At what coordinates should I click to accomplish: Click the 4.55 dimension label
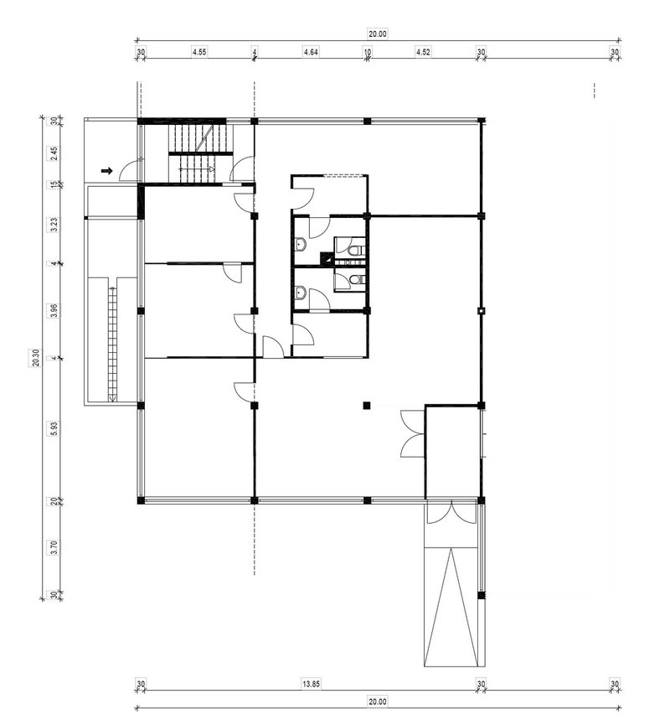199,52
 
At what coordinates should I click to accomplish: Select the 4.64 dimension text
311,52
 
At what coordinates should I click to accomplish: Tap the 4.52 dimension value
423,52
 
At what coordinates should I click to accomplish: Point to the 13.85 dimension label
311,684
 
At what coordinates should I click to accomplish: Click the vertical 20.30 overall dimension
37,357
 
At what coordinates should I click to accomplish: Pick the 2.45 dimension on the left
54,153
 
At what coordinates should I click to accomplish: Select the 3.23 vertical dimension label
54,225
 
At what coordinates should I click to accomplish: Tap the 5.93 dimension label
54,428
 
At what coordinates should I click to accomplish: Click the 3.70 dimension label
54,547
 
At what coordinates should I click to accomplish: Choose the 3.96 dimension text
54,310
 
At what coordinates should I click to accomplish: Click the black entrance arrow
106,171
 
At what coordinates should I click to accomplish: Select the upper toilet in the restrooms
356,250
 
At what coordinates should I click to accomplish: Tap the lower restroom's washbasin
299,292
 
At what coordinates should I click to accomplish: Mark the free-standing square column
367,405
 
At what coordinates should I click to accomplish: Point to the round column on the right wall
481,311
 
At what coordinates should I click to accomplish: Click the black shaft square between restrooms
327,258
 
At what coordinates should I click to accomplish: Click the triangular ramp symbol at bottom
451,607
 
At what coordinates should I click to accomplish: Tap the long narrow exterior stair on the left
112,339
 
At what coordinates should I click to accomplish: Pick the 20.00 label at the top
378,34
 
